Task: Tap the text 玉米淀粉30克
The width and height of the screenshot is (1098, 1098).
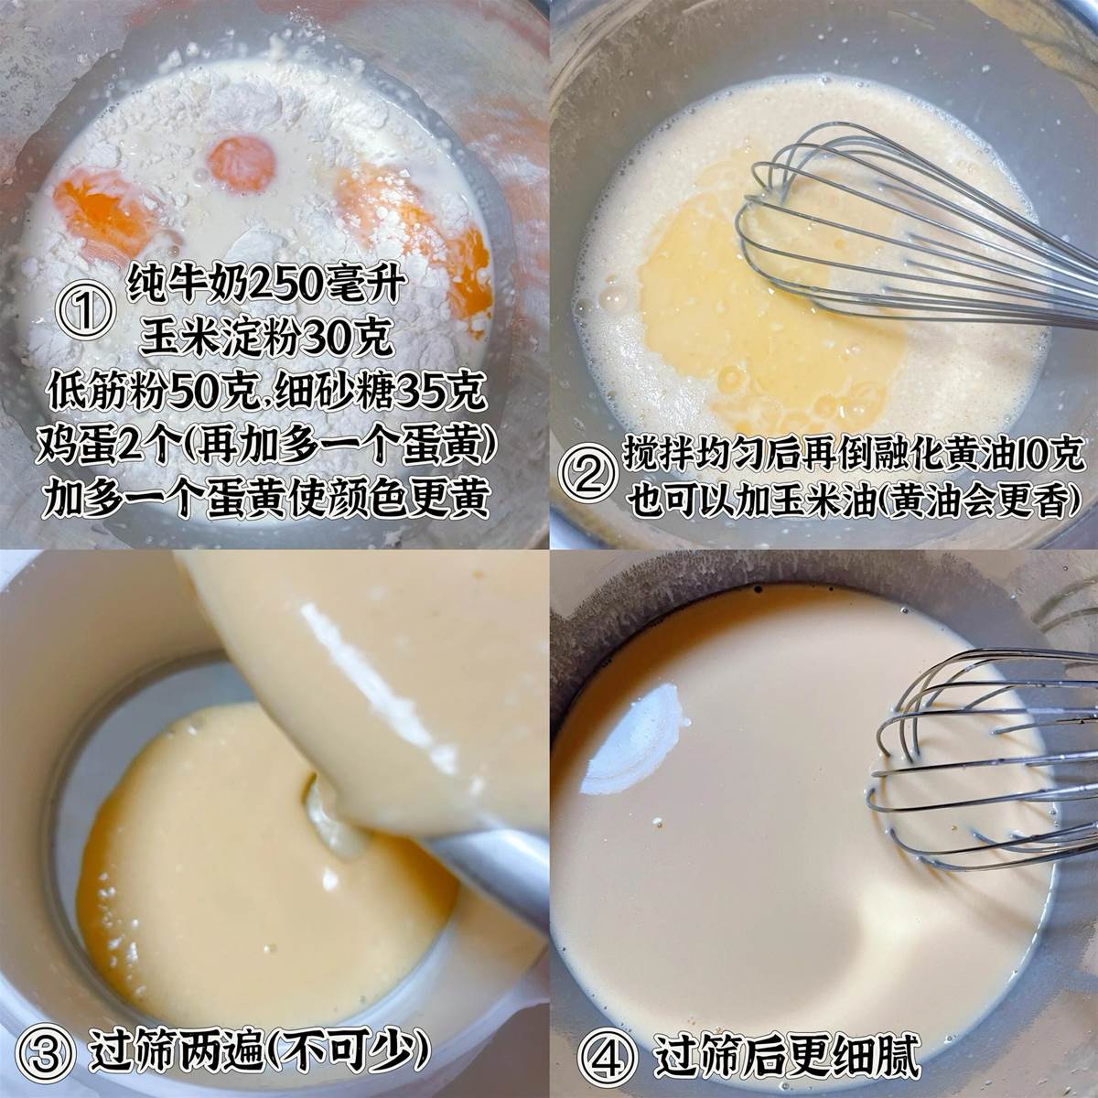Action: [x=268, y=338]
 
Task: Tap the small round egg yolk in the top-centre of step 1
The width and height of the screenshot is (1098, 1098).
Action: [x=241, y=164]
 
